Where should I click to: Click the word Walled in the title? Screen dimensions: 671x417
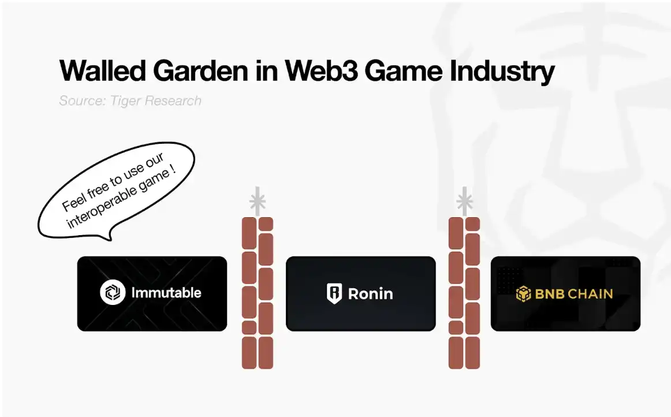point(103,70)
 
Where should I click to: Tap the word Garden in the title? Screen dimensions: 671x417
point(200,70)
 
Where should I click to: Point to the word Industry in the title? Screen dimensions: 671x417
point(502,72)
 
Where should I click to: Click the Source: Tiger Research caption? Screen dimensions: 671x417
point(130,100)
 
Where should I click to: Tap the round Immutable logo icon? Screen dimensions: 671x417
point(113,292)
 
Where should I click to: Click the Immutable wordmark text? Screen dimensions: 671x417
point(166,293)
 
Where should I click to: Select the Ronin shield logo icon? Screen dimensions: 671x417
point(334,293)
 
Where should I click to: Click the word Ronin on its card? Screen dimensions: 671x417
point(370,294)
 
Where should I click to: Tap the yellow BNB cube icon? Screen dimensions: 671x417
point(523,294)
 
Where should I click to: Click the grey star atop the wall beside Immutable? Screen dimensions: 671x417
point(257,201)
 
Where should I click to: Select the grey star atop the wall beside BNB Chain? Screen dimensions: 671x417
point(464,201)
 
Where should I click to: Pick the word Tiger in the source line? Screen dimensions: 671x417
point(125,101)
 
